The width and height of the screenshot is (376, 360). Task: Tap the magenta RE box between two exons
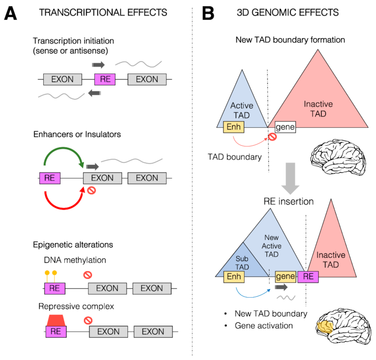click(x=105, y=79)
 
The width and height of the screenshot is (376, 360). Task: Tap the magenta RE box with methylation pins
click(x=55, y=288)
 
